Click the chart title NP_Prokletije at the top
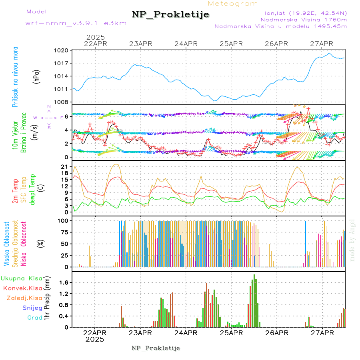pyautogui.click(x=170, y=15)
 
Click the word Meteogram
pyautogui.click(x=233, y=4)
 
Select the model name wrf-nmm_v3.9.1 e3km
pyautogui.click(x=76, y=23)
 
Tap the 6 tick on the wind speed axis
pyautogui.click(x=66, y=116)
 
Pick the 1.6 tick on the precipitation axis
pyautogui.click(x=64, y=282)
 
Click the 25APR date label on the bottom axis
pyautogui.click(x=231, y=333)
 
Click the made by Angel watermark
pyautogui.click(x=352, y=240)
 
